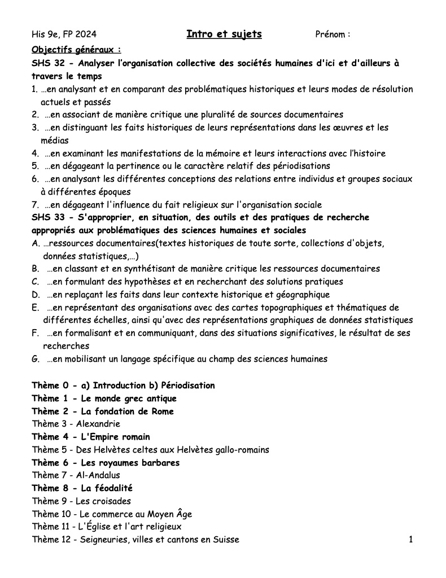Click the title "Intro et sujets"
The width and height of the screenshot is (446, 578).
pyautogui.click(x=224, y=34)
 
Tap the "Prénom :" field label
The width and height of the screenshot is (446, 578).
pyautogui.click(x=333, y=35)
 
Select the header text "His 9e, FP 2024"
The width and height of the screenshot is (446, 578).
pyautogui.click(x=64, y=35)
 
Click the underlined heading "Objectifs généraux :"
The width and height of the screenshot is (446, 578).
pyautogui.click(x=77, y=49)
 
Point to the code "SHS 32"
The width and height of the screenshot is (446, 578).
pyautogui.click(x=48, y=63)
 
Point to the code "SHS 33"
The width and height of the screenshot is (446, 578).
pyautogui.click(x=48, y=218)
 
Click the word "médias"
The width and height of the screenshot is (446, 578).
pyautogui.click(x=54, y=141)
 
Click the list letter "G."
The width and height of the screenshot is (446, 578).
pyautogui.click(x=36, y=358)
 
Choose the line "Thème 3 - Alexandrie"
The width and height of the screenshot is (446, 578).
pyautogui.click(x=76, y=424)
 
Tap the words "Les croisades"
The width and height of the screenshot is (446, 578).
pyautogui.click(x=103, y=501)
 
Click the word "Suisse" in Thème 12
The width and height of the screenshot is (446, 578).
pyautogui.click(x=226, y=540)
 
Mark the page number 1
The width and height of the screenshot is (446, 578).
pyautogui.click(x=411, y=540)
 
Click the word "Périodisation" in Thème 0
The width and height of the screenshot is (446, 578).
pyautogui.click(x=188, y=386)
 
